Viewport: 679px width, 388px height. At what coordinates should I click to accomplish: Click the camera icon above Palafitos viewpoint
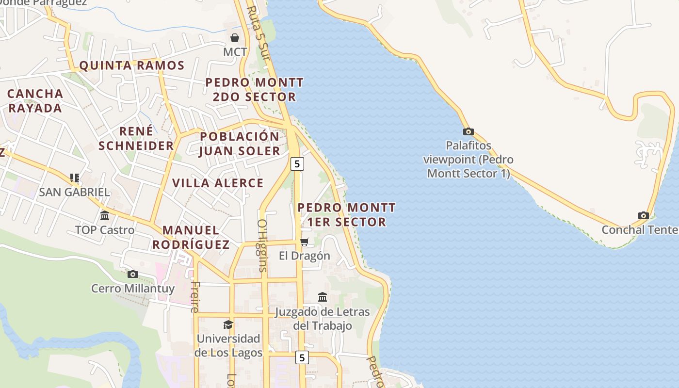click(x=468, y=131)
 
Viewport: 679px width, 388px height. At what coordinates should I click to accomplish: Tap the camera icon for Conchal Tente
click(x=644, y=215)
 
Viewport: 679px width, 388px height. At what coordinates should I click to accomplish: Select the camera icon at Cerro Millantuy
click(x=132, y=274)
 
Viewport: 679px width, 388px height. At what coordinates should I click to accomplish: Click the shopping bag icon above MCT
click(x=235, y=37)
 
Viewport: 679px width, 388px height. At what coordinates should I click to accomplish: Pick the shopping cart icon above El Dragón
click(x=304, y=242)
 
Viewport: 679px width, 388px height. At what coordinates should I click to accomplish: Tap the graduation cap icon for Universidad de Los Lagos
click(x=228, y=324)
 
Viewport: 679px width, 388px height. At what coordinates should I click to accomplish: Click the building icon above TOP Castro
click(x=105, y=215)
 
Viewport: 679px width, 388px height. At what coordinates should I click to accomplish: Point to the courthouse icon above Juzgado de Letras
click(x=323, y=296)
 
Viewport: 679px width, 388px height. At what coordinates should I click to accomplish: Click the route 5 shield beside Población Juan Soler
click(x=297, y=164)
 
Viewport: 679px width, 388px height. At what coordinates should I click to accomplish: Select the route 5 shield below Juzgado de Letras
click(x=302, y=357)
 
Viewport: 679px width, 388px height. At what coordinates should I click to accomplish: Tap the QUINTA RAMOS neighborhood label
click(x=132, y=65)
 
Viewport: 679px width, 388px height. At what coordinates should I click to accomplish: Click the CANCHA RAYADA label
click(x=35, y=100)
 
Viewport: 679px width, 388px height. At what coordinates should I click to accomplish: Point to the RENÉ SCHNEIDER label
click(x=136, y=138)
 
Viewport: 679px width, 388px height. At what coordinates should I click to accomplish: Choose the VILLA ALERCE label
click(x=218, y=183)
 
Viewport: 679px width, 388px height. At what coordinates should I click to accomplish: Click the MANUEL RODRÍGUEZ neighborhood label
click(x=191, y=237)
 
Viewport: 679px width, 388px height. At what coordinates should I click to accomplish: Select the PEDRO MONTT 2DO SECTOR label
click(x=255, y=89)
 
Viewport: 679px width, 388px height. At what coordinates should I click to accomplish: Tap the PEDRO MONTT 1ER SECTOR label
click(x=346, y=214)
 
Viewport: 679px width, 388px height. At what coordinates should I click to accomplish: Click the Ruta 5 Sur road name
click(x=258, y=29)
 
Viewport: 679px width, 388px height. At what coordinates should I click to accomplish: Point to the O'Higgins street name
click(x=262, y=245)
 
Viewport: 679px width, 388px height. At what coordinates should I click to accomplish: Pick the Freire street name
click(x=195, y=296)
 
